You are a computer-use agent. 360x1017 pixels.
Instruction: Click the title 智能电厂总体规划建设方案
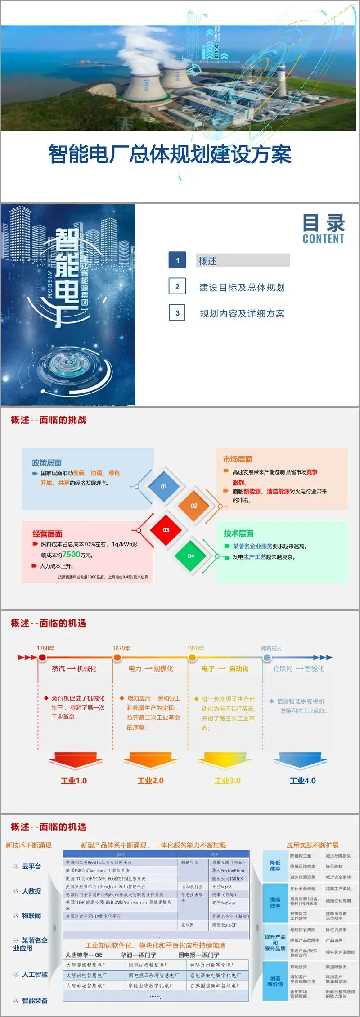click(170, 154)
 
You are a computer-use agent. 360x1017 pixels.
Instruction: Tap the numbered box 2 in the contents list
click(177, 286)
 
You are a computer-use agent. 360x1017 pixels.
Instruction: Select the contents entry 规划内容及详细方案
click(242, 313)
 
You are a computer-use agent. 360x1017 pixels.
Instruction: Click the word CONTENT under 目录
click(323, 239)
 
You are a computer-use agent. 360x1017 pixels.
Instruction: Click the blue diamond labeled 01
click(164, 486)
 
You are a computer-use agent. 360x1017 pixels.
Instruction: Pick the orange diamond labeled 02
click(194, 506)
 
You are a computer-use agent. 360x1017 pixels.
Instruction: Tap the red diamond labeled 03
click(166, 530)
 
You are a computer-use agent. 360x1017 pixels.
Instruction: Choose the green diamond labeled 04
click(191, 556)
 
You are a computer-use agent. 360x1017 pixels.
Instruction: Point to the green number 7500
click(71, 555)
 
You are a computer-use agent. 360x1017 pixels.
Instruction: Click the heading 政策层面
click(47, 463)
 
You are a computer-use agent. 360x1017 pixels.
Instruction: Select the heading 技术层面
click(238, 533)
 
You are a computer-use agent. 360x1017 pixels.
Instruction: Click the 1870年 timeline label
click(121, 648)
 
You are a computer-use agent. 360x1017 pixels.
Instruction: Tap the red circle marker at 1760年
click(42, 658)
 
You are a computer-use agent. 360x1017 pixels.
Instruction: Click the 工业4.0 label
click(302, 781)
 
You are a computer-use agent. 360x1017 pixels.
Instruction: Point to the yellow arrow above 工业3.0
click(227, 760)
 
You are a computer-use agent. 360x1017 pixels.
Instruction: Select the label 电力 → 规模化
click(151, 669)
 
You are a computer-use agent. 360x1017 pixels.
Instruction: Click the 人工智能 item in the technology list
click(35, 975)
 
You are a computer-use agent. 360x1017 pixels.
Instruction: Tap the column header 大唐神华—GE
click(84, 955)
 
